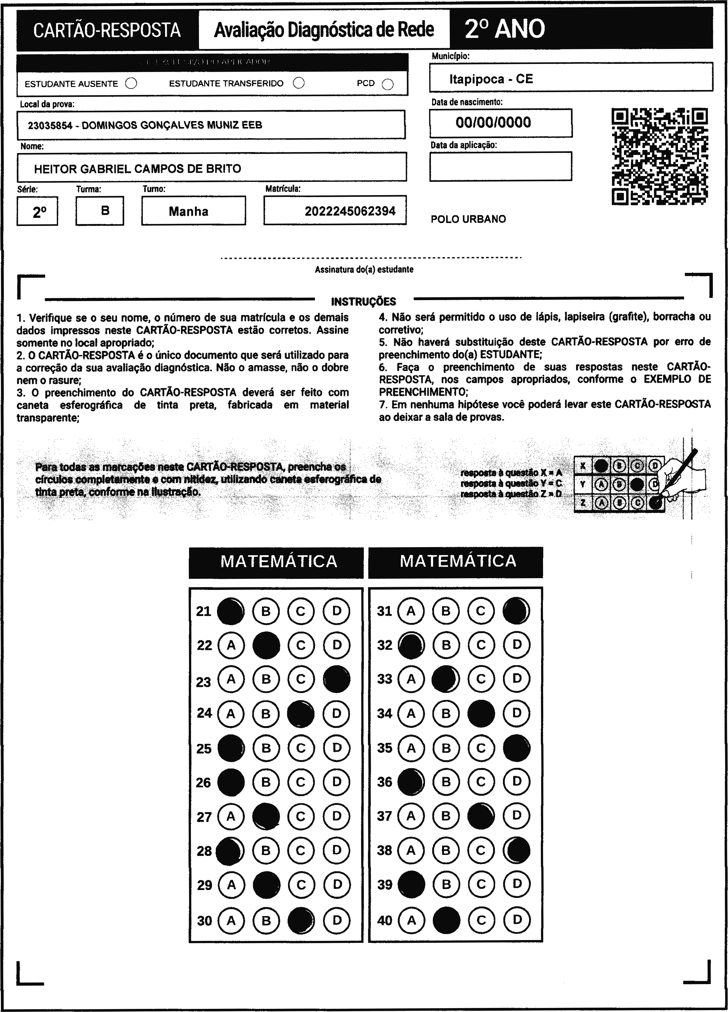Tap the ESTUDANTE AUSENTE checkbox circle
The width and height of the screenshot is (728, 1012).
pos(131,83)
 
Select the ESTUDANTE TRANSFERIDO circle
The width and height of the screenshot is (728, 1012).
pos(299,83)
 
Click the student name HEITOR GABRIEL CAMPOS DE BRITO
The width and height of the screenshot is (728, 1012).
pos(138,169)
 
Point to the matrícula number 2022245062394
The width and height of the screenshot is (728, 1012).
pos(350,211)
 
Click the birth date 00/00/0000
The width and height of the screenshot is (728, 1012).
pos(493,123)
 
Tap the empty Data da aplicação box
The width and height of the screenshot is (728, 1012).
pos(500,166)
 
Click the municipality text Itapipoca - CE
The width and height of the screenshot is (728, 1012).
pos(491,79)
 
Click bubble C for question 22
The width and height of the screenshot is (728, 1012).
pos(301,645)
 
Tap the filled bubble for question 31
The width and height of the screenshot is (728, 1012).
pos(516,611)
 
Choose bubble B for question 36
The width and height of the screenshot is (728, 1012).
pos(446,782)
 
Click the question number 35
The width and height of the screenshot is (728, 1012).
pos(385,748)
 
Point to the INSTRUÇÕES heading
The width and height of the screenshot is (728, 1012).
pos(363,302)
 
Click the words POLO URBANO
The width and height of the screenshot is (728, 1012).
pos(468,219)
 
